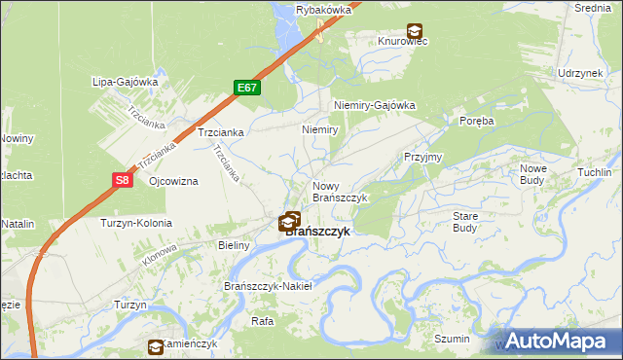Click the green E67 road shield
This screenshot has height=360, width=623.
pos(247,88)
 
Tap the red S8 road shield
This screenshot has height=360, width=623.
pos(121,179)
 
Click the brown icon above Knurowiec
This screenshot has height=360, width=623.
pos(415,31)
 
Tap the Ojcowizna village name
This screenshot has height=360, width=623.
pos(173,182)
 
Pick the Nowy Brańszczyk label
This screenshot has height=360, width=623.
pos(339,191)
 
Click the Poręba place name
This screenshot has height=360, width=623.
pos(477,121)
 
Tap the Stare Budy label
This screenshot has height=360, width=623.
pos(464,221)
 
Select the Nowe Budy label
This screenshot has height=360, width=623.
pos(538,174)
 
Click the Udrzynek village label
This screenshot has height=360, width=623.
pos(581,74)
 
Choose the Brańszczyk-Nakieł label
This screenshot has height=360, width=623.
pos(268,286)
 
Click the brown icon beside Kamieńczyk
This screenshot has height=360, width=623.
pos(156,346)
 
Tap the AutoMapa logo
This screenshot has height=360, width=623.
pos(558,341)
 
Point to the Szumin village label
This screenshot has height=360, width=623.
pos(453,339)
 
